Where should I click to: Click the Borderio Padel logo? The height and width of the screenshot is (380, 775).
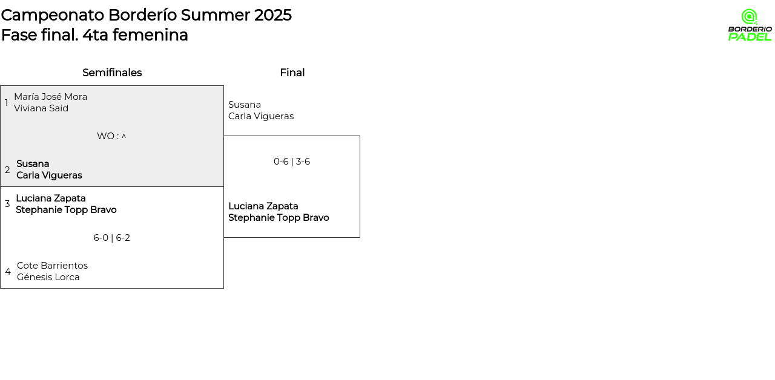(750, 25)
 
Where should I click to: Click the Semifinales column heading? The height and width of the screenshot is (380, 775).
(112, 73)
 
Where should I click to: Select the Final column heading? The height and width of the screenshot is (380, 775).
(292, 73)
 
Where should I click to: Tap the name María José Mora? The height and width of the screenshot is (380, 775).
(50, 97)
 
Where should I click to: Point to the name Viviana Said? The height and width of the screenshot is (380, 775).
(41, 108)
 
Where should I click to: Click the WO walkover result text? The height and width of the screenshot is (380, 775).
(111, 136)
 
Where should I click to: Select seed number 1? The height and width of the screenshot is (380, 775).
(6, 103)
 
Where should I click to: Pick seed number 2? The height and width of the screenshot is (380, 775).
(7, 170)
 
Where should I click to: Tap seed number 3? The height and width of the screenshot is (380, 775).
(7, 204)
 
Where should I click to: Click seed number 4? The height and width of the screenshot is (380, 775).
(8, 272)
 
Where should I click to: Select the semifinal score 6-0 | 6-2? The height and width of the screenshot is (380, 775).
(112, 238)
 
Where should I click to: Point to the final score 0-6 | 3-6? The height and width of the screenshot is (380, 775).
(292, 162)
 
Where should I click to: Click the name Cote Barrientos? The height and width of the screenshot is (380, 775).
(52, 266)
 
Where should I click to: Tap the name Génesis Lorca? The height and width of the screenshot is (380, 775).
(48, 277)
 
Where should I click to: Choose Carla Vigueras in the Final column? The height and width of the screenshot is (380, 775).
(261, 116)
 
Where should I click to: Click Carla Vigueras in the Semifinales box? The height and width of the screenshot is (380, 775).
(49, 175)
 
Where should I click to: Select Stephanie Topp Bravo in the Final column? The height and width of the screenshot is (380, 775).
(279, 217)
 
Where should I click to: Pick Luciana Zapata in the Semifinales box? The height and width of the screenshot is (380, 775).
(50, 198)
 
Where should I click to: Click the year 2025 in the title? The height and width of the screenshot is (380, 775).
(273, 15)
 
